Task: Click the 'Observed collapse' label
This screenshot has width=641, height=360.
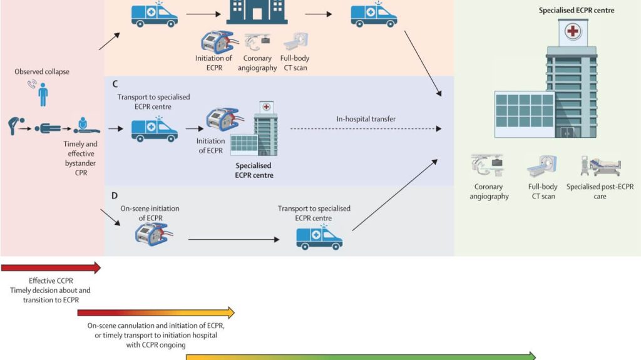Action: tap(42, 72)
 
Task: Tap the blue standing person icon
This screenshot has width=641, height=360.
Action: tap(43, 96)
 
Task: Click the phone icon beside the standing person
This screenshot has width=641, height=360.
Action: tap(31, 84)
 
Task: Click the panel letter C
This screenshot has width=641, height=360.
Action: tap(115, 83)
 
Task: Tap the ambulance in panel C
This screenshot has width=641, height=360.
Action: tap(154, 129)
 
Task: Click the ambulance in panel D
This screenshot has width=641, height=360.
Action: tap(319, 237)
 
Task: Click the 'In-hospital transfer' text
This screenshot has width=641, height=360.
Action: tap(366, 119)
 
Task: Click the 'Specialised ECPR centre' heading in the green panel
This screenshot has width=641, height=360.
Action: tap(577, 10)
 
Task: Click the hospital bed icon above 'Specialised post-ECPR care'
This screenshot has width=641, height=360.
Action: tap(600, 167)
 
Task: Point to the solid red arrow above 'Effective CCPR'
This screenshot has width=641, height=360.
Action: tap(51, 268)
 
